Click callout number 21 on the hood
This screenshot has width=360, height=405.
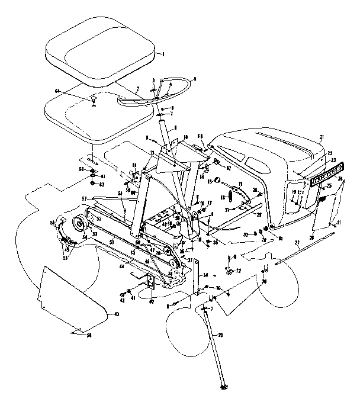click(x=322, y=137)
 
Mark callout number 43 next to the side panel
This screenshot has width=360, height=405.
click(x=116, y=313)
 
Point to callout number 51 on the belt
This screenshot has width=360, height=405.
click(x=111, y=242)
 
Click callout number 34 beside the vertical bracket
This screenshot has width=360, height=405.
click(x=205, y=275)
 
